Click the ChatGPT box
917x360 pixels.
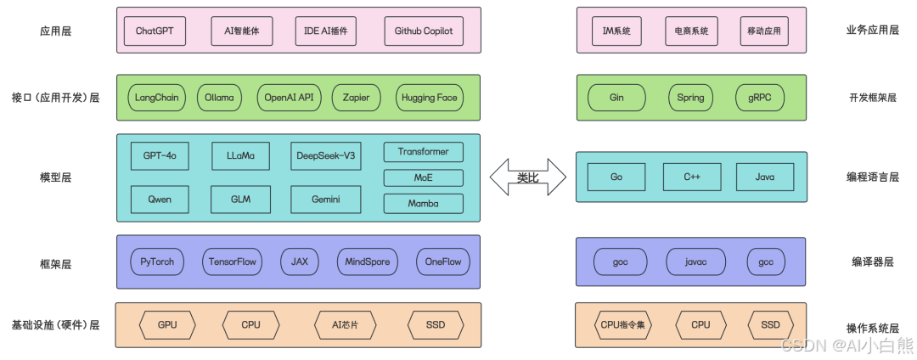[154, 31]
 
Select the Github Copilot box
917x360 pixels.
[424, 31]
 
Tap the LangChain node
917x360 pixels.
[157, 98]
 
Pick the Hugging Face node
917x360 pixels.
[430, 98]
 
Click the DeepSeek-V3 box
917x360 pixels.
[326, 156]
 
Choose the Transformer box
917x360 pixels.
[423, 152]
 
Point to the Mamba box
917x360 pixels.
[423, 204]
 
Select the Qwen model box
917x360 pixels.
[160, 200]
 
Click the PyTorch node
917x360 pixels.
[157, 262]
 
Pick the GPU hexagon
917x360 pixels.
[167, 324]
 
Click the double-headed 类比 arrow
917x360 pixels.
[528, 177]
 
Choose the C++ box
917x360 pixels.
[691, 177]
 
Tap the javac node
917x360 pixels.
[695, 262]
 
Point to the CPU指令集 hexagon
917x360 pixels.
[624, 324]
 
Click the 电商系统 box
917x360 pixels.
[691, 31]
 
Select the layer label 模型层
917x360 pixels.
[55, 177]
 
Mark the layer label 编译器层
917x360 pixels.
[872, 262]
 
